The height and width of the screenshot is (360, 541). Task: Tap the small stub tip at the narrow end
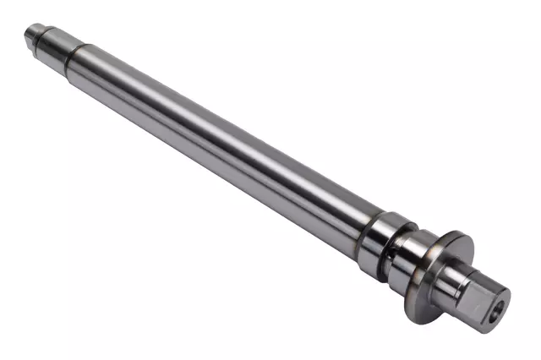33,36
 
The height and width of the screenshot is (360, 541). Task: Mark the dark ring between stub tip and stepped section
41,40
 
